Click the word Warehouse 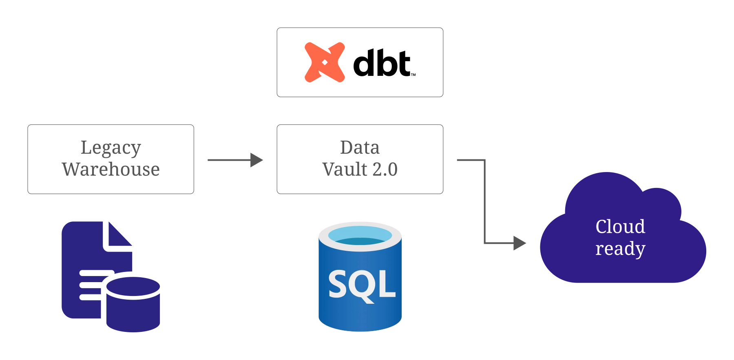[x=111, y=169]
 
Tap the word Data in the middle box [x=360, y=148]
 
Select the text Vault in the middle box [x=345, y=169]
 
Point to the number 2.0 [x=385, y=169]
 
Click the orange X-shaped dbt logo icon [x=325, y=62]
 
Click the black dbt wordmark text [x=382, y=64]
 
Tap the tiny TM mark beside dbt [x=413, y=75]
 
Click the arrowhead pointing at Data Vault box [x=256, y=160]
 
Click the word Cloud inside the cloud [x=620, y=227]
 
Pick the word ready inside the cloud [x=620, y=249]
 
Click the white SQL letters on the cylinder [x=362, y=285]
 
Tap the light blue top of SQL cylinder [x=360, y=236]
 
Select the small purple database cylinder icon [x=133, y=304]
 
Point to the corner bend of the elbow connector [x=484, y=160]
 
